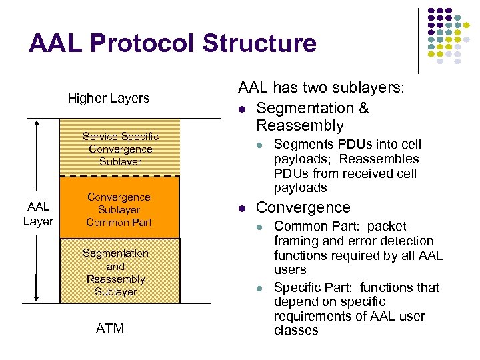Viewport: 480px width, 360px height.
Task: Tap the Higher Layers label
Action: (109, 98)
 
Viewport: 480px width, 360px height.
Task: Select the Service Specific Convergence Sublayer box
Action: (120, 148)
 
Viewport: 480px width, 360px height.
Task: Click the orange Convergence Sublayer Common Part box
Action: (120, 209)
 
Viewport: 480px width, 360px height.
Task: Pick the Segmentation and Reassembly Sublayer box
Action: (120, 271)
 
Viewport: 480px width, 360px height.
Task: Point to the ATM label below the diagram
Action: (110, 328)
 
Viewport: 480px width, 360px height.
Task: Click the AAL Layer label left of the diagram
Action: (38, 215)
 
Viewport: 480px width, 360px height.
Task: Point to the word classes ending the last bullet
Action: (296, 330)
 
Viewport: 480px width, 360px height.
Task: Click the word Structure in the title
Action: (259, 43)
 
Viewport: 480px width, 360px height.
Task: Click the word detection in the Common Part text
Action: (406, 241)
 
